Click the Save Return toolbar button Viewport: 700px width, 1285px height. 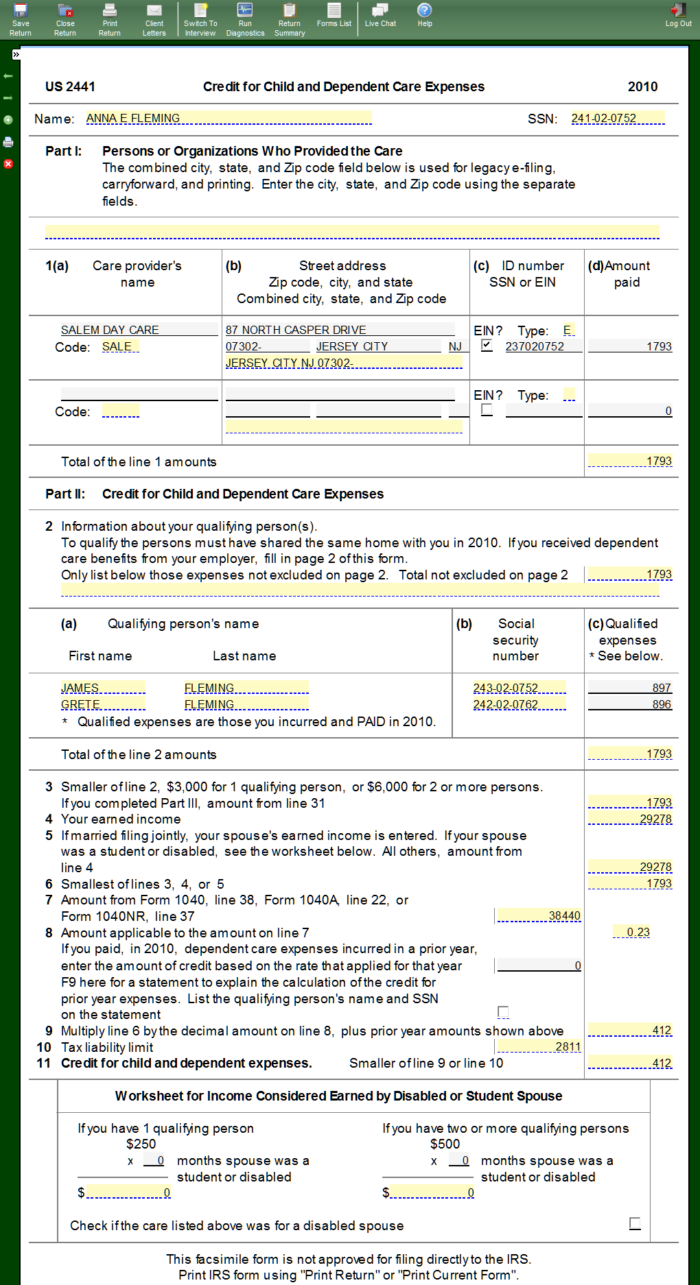pos(21,19)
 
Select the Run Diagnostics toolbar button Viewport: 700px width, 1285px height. pos(245,19)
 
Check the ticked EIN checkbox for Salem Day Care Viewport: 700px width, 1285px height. pos(487,346)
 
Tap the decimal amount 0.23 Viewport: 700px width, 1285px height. pos(638,932)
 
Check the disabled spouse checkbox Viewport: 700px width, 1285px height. pos(635,1223)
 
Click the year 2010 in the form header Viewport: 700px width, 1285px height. pos(642,86)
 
